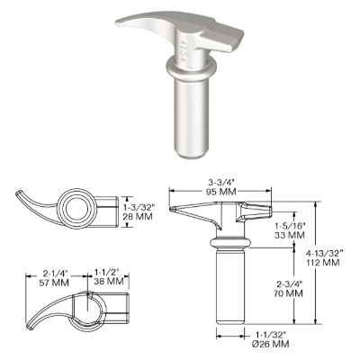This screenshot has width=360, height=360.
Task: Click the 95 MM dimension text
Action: pyautogui.click(x=220, y=192)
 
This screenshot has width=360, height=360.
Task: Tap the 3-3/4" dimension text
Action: pyautogui.click(x=220, y=183)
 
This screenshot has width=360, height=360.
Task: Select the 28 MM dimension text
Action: pyautogui.click(x=138, y=216)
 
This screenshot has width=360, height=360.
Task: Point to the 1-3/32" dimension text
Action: pyautogui.click(x=139, y=207)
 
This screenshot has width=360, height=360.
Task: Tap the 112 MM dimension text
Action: pyautogui.click(x=323, y=263)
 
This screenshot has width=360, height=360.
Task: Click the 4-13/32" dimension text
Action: pyautogui.click(x=324, y=254)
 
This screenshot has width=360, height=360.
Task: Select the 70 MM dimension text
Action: pyautogui.click(x=289, y=292)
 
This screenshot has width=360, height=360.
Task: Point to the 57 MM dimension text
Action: pyautogui.click(x=55, y=283)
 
